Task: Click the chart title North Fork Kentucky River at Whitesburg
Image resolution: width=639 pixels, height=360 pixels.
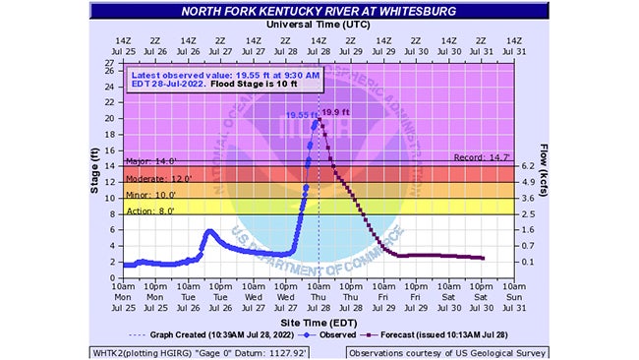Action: click(x=319, y=12)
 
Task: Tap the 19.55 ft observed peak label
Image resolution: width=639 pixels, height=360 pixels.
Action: click(x=303, y=115)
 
